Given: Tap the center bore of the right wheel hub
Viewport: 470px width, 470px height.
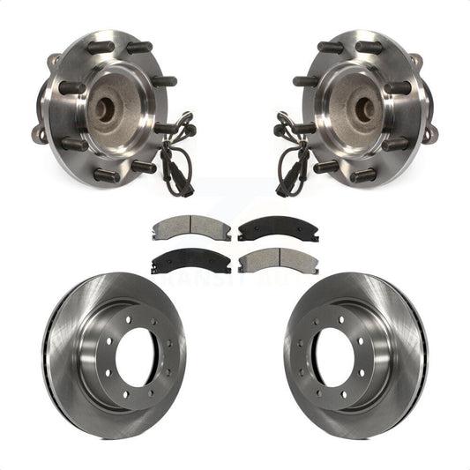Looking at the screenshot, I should coord(363,108).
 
